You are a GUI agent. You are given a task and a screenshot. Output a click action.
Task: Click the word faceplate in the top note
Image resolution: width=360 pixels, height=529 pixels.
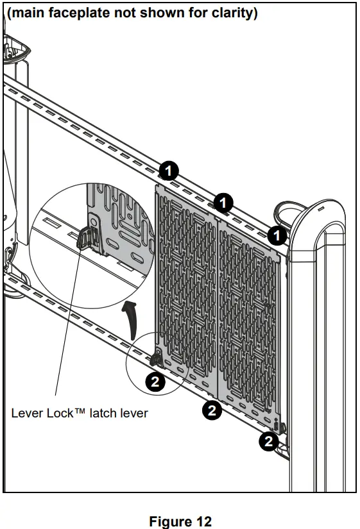coord(80,13)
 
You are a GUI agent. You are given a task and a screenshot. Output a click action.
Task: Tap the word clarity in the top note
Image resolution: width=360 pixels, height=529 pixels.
coord(232,13)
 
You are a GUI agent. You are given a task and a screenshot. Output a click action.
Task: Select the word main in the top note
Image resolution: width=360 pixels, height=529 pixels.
coord(28,13)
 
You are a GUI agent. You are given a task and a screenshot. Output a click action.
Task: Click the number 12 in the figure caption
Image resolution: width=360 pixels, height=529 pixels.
coord(202,521)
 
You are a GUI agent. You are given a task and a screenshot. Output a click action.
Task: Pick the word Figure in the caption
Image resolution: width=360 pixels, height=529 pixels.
coord(169,521)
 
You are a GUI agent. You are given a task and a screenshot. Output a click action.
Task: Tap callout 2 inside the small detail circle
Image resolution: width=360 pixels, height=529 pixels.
coord(155,382)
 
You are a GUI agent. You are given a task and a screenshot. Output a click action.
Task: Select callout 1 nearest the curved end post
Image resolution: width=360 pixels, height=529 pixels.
coord(277,235)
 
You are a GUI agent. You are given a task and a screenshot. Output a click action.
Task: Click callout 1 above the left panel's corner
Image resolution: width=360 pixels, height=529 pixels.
coord(168,171)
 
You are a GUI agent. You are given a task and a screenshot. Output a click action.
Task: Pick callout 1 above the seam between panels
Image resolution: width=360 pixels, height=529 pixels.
coord(223,203)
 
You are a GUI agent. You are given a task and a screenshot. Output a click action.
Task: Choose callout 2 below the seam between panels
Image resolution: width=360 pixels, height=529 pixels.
coord(212,410)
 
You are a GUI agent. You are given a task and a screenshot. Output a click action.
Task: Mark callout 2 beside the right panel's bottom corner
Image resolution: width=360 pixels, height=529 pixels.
coord(268,441)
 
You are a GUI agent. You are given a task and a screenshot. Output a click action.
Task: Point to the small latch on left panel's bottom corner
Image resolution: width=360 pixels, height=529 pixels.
coord(157,358)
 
